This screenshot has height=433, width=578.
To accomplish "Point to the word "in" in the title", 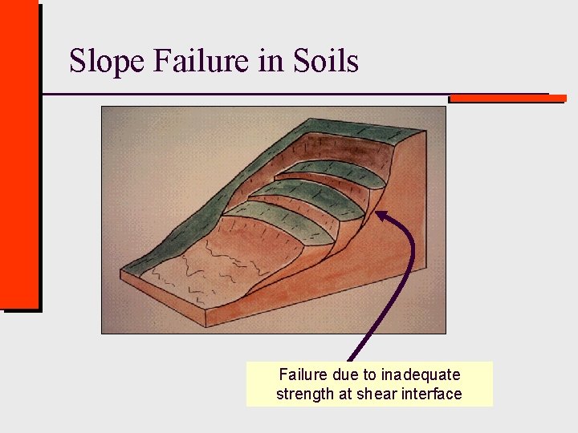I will [269, 61].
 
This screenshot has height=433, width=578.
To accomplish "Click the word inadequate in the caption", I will [421, 374].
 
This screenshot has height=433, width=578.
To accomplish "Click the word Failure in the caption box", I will [303, 374].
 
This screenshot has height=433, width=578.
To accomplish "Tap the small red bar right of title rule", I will [507, 99].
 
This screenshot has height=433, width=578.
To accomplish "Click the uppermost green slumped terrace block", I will [329, 171].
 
